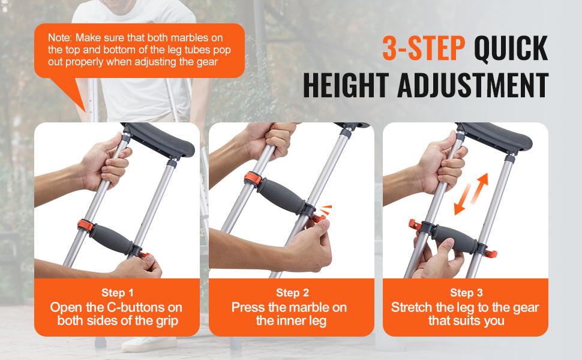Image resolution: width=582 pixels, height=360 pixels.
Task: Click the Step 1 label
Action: pyautogui.click(x=118, y=293)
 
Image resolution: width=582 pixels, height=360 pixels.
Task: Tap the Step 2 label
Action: pyautogui.click(x=292, y=293)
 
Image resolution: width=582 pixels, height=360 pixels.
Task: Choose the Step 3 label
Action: pyautogui.click(x=466, y=293)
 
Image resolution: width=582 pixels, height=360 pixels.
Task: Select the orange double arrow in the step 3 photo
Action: pyautogui.click(x=471, y=194)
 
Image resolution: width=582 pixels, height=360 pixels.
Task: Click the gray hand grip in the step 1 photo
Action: pyautogui.click(x=110, y=237)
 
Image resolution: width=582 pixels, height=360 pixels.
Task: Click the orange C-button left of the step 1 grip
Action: pyautogui.click(x=85, y=227)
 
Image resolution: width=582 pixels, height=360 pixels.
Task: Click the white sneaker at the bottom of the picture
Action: pyautogui.click(x=144, y=344)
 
